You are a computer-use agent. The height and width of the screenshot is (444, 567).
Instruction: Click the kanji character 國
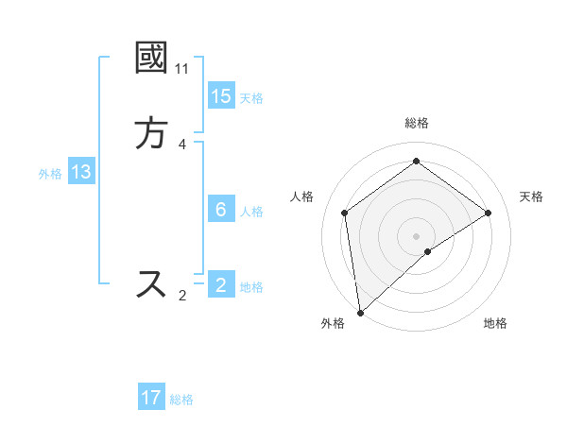pyautogui.click(x=152, y=59)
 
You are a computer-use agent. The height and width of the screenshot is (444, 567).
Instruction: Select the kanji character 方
pyautogui.click(x=152, y=134)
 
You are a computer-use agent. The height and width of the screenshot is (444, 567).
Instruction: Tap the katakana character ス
pyautogui.click(x=152, y=283)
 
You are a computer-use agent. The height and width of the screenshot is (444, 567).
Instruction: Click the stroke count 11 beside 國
pyautogui.click(x=181, y=69)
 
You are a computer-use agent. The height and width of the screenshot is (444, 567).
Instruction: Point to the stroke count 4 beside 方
pyautogui.click(x=181, y=145)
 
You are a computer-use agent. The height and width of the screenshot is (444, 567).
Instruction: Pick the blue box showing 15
pyautogui.click(x=221, y=96)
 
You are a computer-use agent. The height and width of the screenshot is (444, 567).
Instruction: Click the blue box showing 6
pyautogui.click(x=221, y=210)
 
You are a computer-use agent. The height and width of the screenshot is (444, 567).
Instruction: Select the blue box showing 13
pyautogui.click(x=81, y=172)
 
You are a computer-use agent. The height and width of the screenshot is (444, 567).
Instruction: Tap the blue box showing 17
pyautogui.click(x=151, y=398)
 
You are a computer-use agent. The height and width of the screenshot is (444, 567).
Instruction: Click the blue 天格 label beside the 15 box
pyautogui.click(x=251, y=98)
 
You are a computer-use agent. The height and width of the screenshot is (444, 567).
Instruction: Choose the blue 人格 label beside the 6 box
pyautogui.click(x=251, y=212)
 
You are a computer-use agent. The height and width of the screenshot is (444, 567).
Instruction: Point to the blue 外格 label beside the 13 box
pyautogui.click(x=50, y=174)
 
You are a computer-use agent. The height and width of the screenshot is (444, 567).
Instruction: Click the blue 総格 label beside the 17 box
pyautogui.click(x=181, y=400)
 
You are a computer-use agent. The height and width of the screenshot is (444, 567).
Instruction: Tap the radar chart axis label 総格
pyautogui.click(x=417, y=123)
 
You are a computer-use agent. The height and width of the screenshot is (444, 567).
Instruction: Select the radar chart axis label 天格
pyautogui.click(x=532, y=196)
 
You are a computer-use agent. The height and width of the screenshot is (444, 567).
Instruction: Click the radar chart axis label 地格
pyautogui.click(x=495, y=323)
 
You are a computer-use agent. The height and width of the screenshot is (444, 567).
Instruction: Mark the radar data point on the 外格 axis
pyautogui.click(x=360, y=312)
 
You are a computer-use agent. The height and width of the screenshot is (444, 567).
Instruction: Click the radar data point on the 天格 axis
pyautogui.click(x=489, y=213)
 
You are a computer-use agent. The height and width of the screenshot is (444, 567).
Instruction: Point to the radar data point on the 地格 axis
pyautogui.click(x=428, y=251)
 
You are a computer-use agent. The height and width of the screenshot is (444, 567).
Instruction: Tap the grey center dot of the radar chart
pyautogui.click(x=417, y=235)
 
